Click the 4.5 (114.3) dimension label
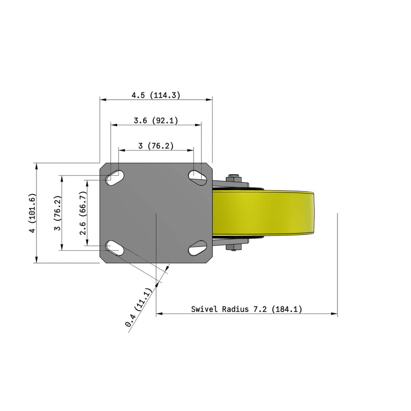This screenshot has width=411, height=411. [x=155, y=95]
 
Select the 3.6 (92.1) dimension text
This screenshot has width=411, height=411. [x=155, y=121]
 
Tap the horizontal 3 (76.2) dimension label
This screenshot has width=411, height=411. [x=156, y=146]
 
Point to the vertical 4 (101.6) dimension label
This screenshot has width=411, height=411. [x=32, y=214]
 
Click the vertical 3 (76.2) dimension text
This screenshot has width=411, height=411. [x=59, y=213]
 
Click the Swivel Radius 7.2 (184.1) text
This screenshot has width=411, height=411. [x=246, y=309]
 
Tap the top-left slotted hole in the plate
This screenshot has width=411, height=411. [x=115, y=177]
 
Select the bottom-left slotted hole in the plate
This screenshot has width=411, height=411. [x=115, y=249]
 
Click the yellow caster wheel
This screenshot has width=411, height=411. [x=265, y=213]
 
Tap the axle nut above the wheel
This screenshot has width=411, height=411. [x=234, y=178]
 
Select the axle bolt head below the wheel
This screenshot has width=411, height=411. [x=234, y=249]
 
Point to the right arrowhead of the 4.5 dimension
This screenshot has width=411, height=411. [x=210, y=99]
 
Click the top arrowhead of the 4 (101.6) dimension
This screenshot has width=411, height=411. [x=36, y=165]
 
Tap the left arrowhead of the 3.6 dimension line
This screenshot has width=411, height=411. [x=112, y=124]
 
